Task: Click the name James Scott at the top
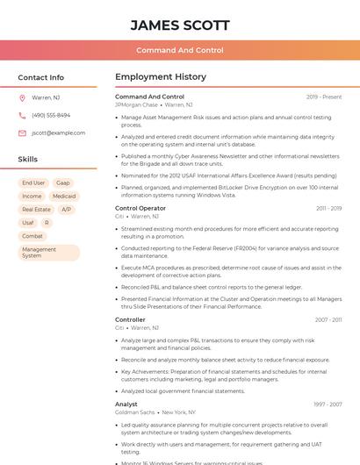point(180,25)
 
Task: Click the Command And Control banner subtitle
point(180,51)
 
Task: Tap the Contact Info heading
point(40,77)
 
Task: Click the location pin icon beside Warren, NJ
point(22,98)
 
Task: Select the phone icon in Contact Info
point(22,116)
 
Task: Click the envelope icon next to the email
point(22,133)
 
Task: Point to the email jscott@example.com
point(58,133)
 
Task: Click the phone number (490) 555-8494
point(51,116)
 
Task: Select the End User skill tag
point(33,183)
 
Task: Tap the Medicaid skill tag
point(63,197)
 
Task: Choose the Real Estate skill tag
point(36,210)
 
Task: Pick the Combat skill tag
point(32,236)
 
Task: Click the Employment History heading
point(160,77)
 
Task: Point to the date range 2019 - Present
point(324,97)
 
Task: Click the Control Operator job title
point(140,208)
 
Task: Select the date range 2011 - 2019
point(328,208)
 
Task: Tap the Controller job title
point(130,319)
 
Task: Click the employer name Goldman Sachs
point(134,412)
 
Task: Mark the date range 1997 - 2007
point(328,404)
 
